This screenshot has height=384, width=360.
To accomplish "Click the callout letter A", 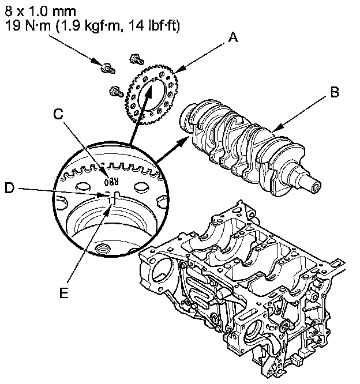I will click(x=232, y=37).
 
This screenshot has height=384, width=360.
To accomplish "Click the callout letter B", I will click(x=334, y=92).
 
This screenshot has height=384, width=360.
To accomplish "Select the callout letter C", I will click(x=58, y=115).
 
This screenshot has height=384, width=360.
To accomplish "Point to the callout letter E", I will click(x=65, y=292).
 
